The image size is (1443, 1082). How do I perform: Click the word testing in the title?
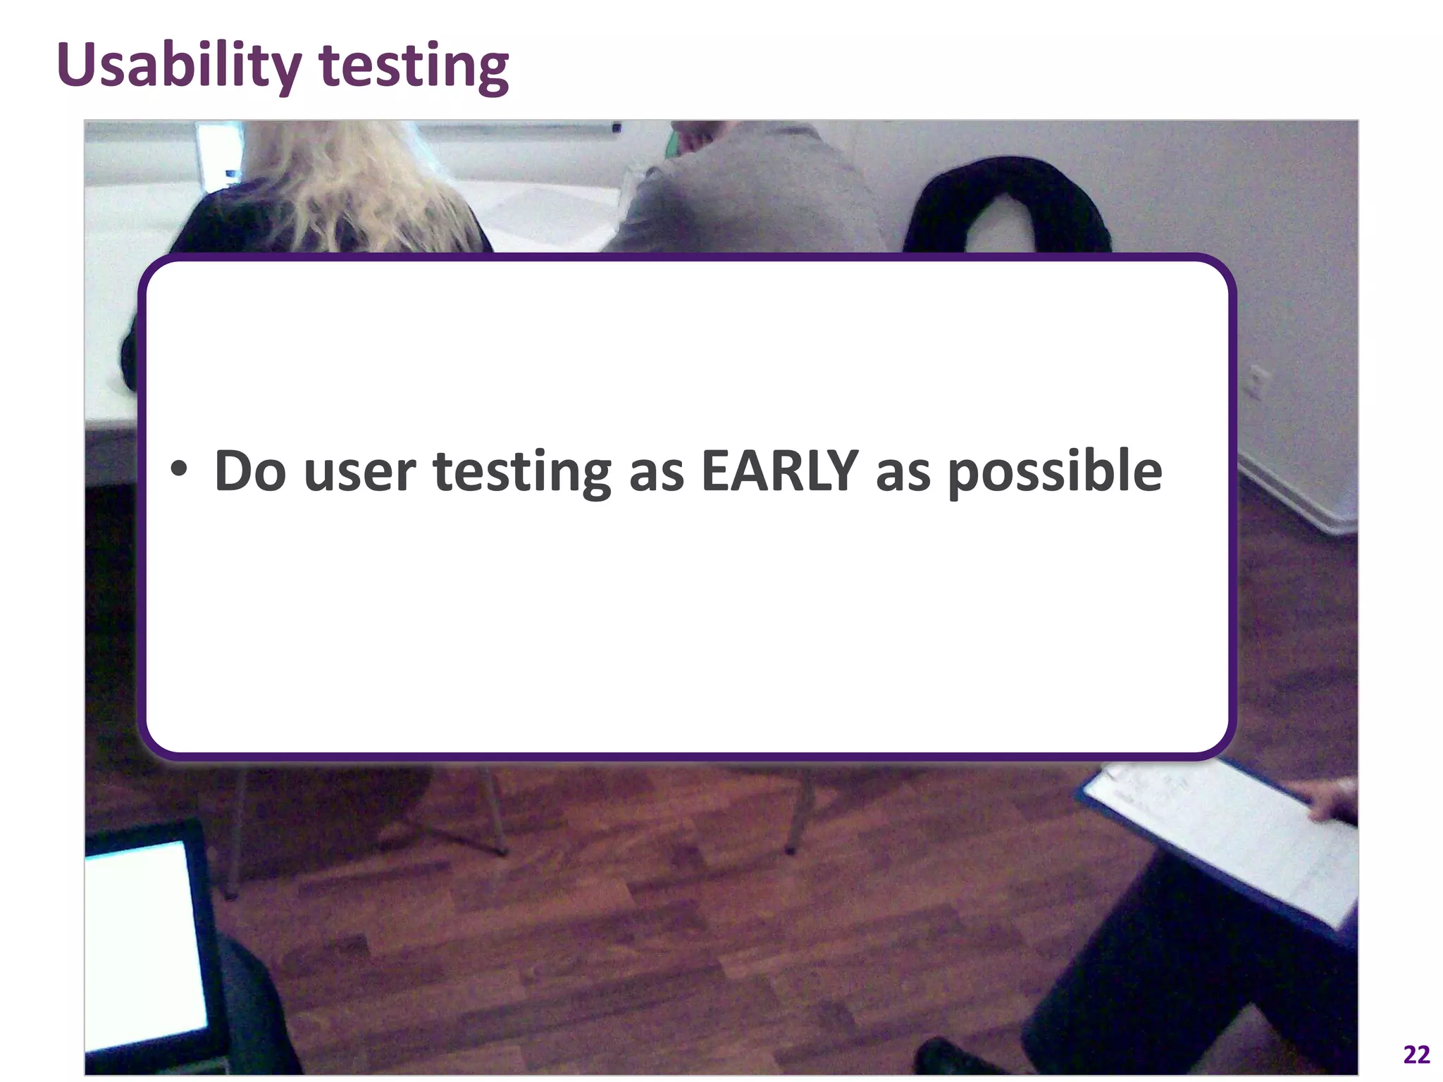coord(414,67)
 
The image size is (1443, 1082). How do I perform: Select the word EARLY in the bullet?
coord(779,471)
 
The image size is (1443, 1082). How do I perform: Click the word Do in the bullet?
coord(249,471)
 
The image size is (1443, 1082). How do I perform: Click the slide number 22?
coord(1416,1055)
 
